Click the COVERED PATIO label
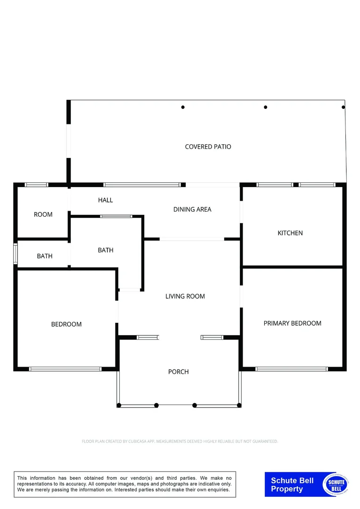click(x=208, y=147)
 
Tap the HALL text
click(x=106, y=200)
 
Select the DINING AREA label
click(x=192, y=209)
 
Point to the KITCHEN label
click(x=290, y=233)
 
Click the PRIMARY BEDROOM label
click(x=292, y=323)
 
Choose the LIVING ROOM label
click(x=185, y=296)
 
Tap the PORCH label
click(x=178, y=372)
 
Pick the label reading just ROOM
click(x=43, y=214)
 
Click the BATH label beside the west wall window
click(x=45, y=256)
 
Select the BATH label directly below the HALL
click(x=106, y=250)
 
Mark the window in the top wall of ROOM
click(x=36, y=185)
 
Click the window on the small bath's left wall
click(x=16, y=254)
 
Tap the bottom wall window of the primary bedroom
click(x=291, y=369)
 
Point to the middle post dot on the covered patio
click(x=265, y=107)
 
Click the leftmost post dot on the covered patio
click(x=183, y=107)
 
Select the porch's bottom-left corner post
click(x=119, y=405)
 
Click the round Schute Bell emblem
click(x=336, y=484)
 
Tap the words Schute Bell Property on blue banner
click(x=292, y=485)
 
